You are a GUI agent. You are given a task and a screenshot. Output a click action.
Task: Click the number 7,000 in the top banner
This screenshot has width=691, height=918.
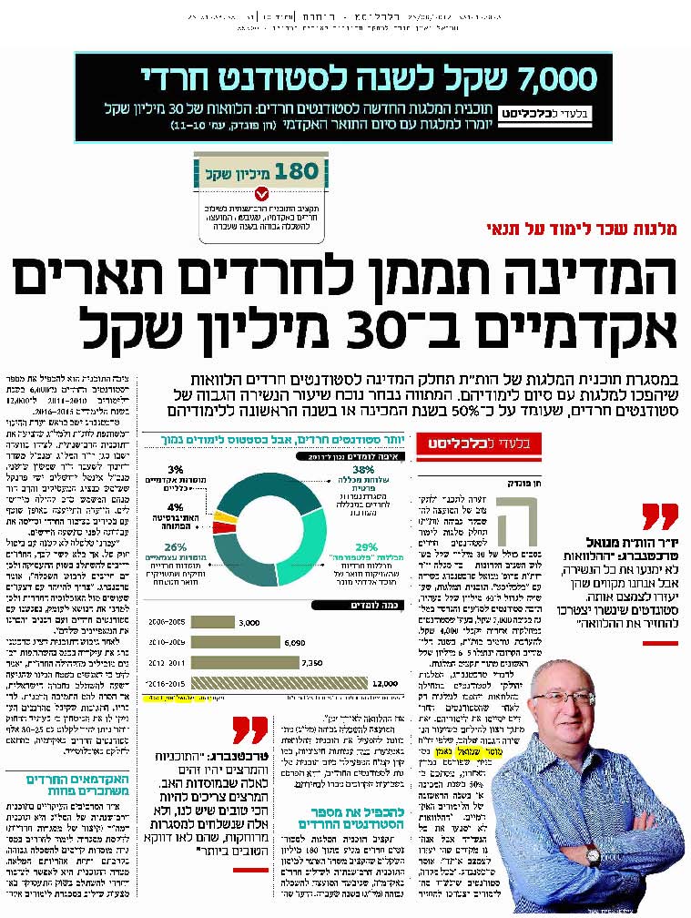point(544,79)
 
